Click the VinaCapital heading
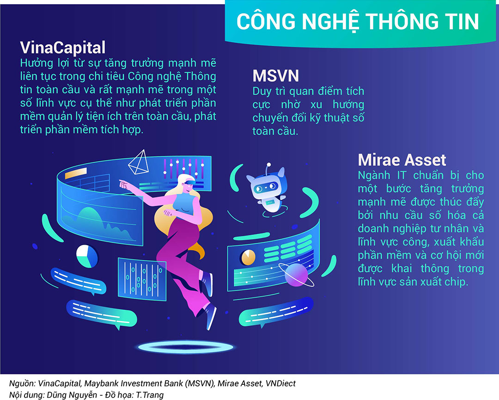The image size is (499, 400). (x=63, y=48)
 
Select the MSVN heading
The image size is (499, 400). (x=275, y=76)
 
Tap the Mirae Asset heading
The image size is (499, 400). (x=402, y=160)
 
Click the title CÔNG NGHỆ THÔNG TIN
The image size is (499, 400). (x=357, y=22)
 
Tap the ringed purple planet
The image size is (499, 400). (x=296, y=274)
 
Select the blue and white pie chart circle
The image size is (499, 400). (x=87, y=256)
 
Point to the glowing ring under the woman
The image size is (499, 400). (x=186, y=347)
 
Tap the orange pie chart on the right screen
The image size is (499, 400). (x=248, y=258)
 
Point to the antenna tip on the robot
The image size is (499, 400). (x=269, y=165)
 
